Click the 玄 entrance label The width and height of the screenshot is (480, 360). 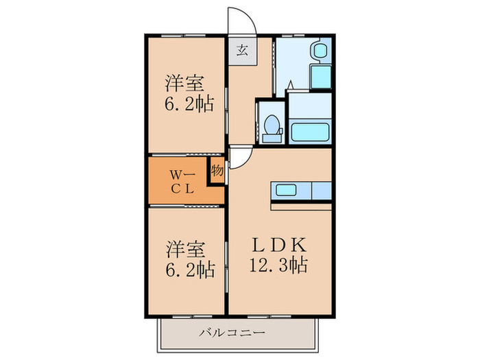[243, 49]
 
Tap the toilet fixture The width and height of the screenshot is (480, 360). [272, 128]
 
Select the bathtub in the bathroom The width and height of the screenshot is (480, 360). [310, 131]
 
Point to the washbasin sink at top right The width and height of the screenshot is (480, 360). [320, 52]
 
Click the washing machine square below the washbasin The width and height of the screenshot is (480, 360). [320, 76]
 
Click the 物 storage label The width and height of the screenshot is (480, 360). [217, 169]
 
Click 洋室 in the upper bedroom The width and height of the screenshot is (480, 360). [184, 85]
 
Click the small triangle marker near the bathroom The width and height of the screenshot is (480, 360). [291, 86]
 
